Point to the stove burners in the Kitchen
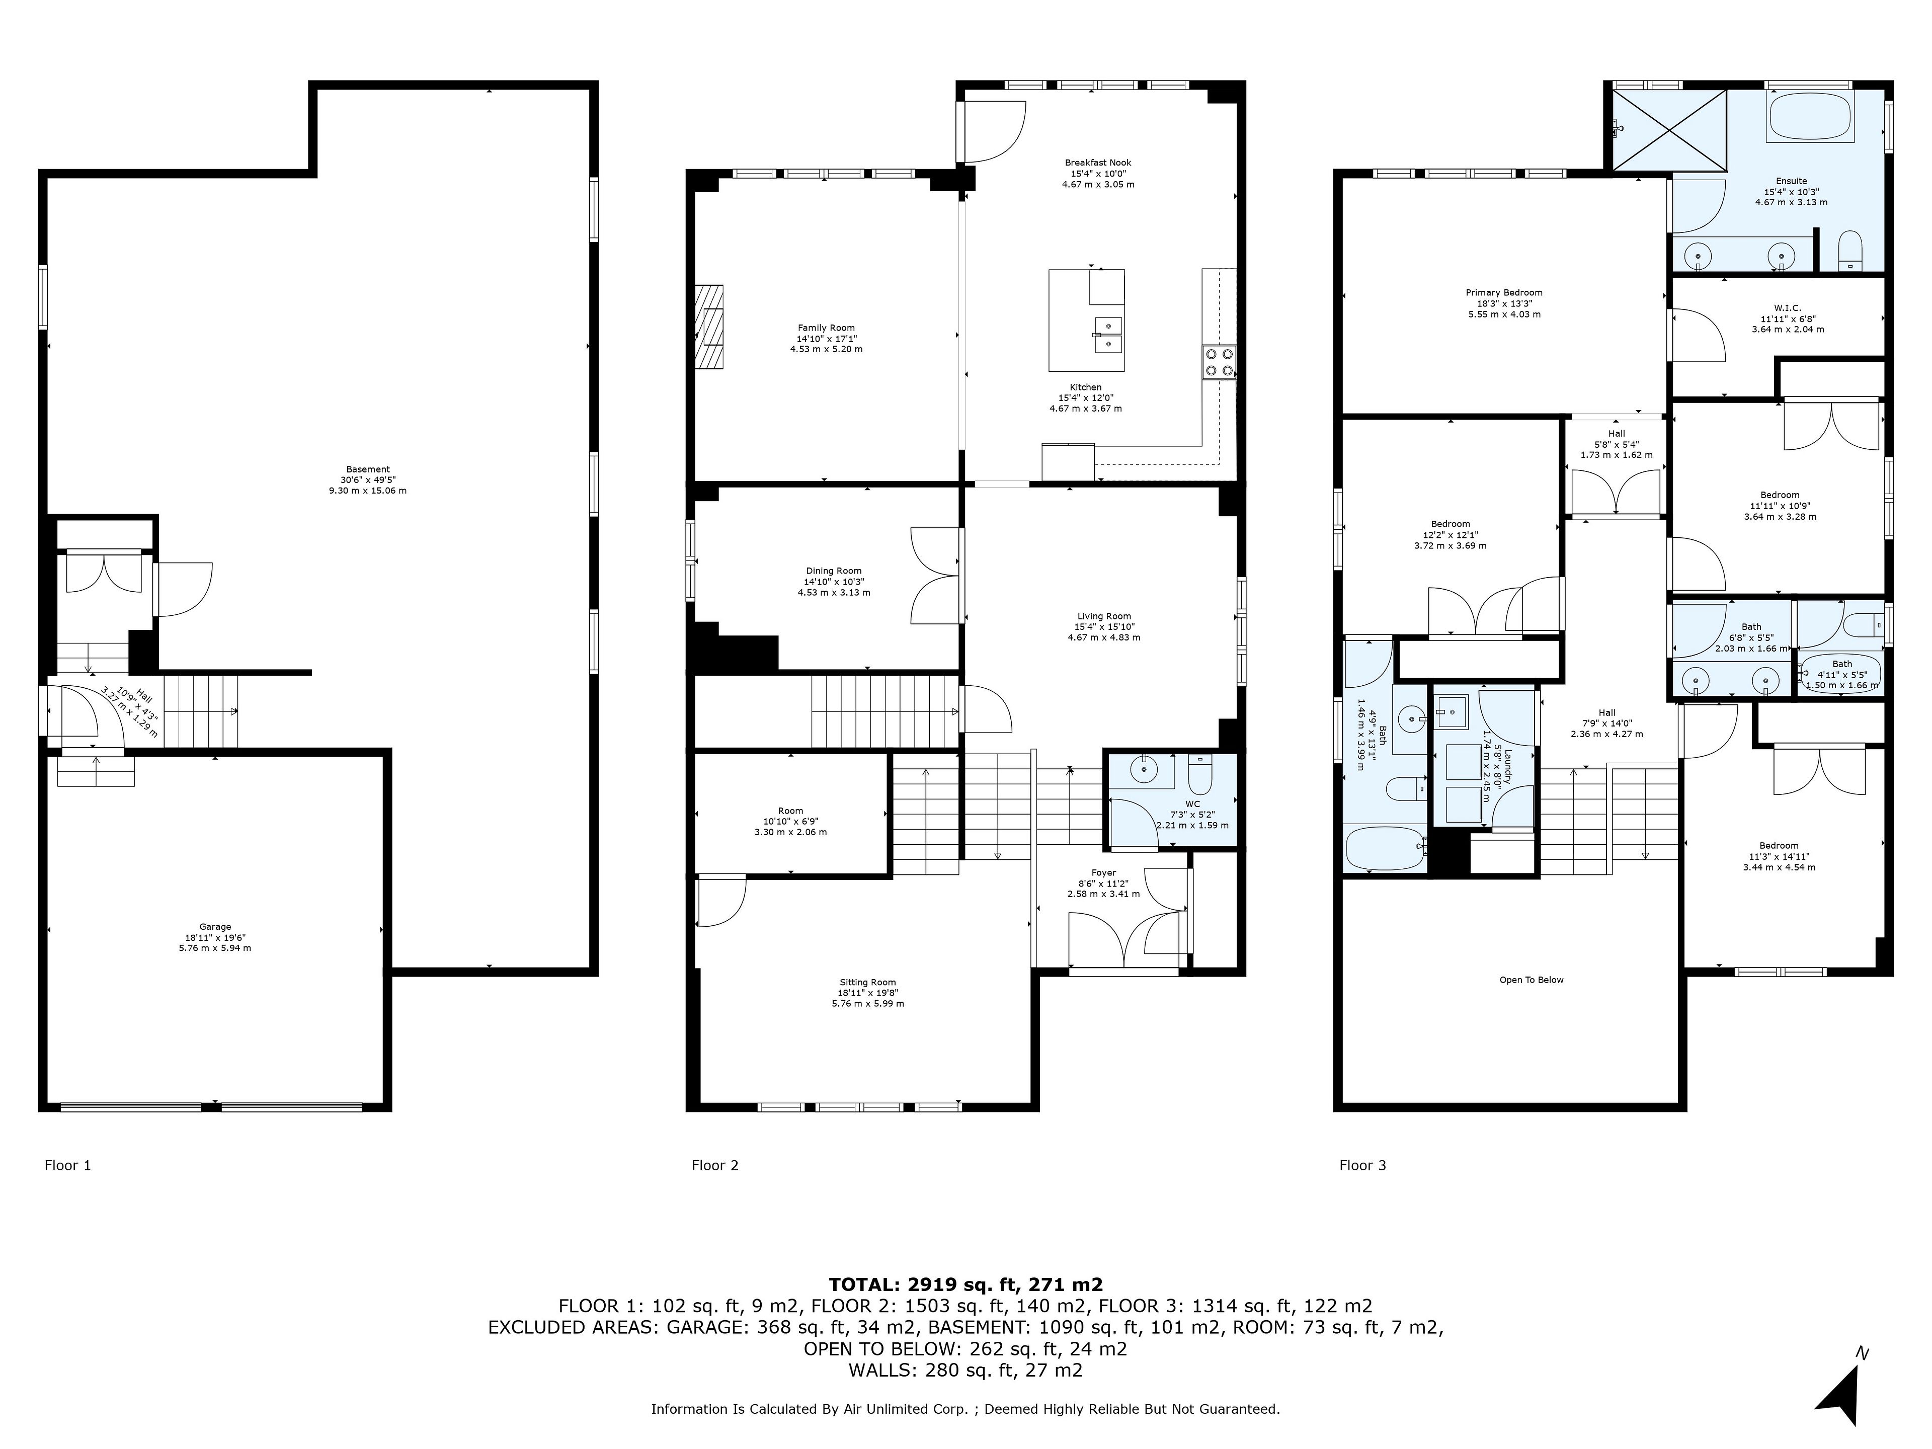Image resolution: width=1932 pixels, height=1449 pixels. pyautogui.click(x=1219, y=362)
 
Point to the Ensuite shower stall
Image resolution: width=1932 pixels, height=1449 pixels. pyautogui.click(x=1669, y=131)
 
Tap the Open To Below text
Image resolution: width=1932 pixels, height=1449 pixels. pyautogui.click(x=1532, y=980)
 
